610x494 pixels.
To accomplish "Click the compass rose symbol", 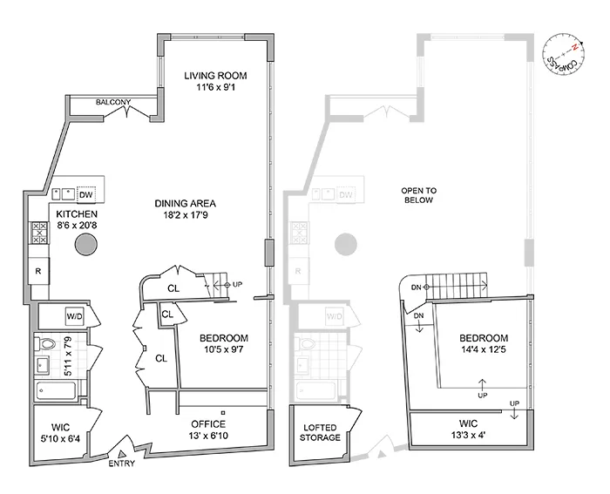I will coord(563,55).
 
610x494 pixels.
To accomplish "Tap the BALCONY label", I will coord(112,103).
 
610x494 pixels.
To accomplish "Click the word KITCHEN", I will coord(77,213).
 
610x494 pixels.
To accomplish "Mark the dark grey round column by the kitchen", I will coord(85,245).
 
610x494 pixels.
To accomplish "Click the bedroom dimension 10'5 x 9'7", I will coord(224,350).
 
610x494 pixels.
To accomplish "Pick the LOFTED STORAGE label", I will coord(319,433).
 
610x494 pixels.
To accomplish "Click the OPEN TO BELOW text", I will coord(417,194).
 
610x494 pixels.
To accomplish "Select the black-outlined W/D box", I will coord(73,315).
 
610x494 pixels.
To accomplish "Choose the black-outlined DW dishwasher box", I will coord(85,194).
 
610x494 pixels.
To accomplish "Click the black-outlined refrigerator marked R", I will coord(40,271).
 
